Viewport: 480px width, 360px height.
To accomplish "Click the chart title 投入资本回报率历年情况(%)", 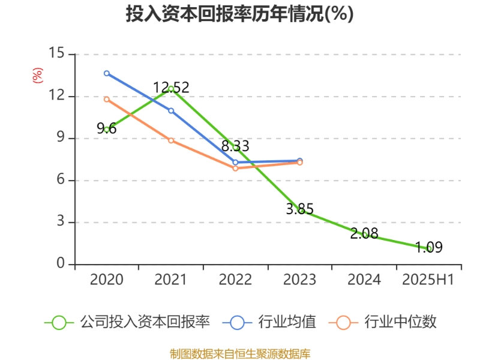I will coord(239,14).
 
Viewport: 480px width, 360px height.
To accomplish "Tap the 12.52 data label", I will coord(171,88).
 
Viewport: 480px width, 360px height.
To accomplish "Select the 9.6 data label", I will coord(107,128).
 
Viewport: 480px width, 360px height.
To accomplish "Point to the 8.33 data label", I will coord(235,146).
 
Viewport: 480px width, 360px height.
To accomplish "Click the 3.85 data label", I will coord(299,209).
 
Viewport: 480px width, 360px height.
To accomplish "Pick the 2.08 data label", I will coord(364,233).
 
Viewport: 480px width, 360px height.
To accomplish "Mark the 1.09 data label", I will coord(428,247).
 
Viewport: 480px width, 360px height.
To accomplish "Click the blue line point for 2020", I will coord(107,73).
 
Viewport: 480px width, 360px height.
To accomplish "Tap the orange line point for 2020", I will coord(107,100).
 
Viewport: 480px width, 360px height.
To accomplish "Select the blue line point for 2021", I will coord(171,110).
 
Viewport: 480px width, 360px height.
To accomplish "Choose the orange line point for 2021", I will coord(171,140).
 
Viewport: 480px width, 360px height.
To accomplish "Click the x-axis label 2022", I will coord(235,280).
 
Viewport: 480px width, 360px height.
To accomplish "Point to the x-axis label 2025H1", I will coord(428,280).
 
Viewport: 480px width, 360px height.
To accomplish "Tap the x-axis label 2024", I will coord(364,280).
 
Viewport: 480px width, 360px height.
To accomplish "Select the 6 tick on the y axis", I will coord(61,180).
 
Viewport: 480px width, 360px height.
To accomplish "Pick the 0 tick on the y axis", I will coord(61,263).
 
